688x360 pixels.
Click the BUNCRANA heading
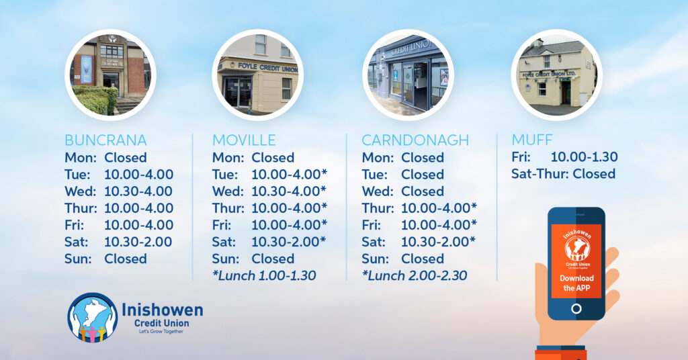pos(105,140)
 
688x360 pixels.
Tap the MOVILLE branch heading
pos(244,140)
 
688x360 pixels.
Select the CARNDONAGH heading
pos(415,140)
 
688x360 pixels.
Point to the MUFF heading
pos(532,140)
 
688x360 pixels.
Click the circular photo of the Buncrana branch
pos(110,75)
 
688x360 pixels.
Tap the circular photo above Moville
pos(257,75)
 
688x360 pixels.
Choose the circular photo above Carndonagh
pos(408,75)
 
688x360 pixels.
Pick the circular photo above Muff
pos(556,75)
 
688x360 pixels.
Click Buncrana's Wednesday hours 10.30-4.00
pos(138,191)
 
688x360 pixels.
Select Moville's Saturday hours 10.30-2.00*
pos(289,242)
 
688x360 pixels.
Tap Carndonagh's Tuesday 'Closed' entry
pos(423,175)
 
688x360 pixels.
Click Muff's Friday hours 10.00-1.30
pos(584,157)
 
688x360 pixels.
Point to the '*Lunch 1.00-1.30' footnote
pos(264,275)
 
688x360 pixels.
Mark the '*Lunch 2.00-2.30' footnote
pos(414,275)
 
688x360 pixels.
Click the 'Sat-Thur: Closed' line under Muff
pos(564,174)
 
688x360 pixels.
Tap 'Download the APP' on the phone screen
pos(576,283)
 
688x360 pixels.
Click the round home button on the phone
pos(576,309)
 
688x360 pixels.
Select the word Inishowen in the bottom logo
pos(163,310)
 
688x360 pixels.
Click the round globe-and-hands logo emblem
pos(93,318)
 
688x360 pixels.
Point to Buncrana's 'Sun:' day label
pos(78,259)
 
